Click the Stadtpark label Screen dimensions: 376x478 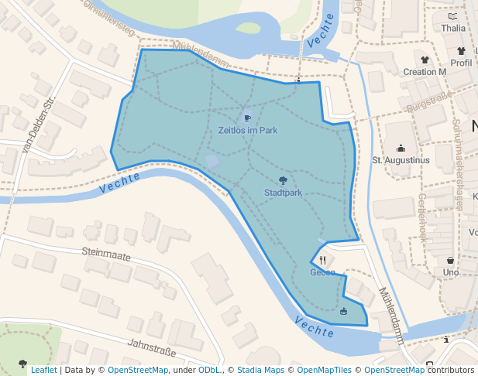pos(283,193)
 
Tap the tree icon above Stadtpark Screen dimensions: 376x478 pos(283,180)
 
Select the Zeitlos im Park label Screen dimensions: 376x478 pos(248,130)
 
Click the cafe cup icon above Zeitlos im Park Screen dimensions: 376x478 pos(247,118)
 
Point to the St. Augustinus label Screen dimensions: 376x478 pos(401,160)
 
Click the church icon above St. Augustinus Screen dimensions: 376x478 pos(401,148)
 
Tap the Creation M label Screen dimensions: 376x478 pos(425,72)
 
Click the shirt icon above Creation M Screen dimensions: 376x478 pos(425,60)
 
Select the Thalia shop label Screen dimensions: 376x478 pos(453,29)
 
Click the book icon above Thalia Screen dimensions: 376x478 pos(453,16)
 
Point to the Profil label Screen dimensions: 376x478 pos(461,63)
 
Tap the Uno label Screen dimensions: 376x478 pos(450,272)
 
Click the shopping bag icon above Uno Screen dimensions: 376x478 pos(450,260)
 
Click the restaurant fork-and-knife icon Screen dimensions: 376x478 pos(322,260)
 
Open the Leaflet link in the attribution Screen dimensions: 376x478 pos(43,371)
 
